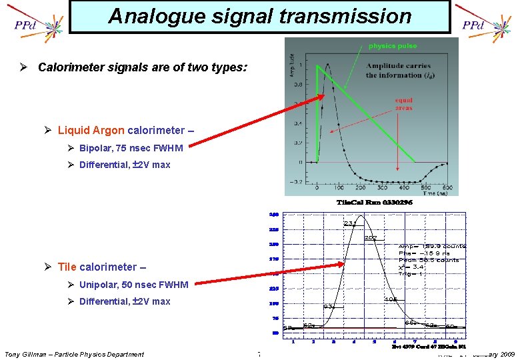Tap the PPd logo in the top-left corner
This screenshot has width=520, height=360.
[x=25, y=26]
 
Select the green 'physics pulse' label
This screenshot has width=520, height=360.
[x=393, y=46]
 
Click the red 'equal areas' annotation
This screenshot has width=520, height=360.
[x=403, y=105]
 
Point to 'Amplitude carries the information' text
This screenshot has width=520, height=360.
[x=398, y=71]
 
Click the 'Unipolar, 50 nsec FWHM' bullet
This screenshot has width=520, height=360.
[x=133, y=285]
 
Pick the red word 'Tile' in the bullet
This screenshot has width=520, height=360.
[x=67, y=267]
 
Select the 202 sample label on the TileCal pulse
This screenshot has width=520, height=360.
[x=371, y=237]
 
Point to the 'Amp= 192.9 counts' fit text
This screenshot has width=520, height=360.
[x=432, y=246]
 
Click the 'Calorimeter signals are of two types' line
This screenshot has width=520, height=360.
[x=143, y=67]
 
